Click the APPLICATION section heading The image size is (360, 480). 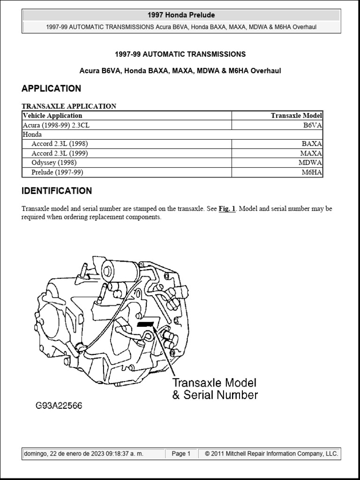[x=51, y=89]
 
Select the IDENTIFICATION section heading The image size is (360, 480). [x=57, y=191]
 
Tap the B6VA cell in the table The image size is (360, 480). [x=313, y=125]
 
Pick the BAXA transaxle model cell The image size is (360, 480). [x=311, y=144]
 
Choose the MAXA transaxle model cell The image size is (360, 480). [x=311, y=153]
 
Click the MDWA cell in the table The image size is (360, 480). [x=310, y=163]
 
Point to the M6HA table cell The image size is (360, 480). [x=312, y=172]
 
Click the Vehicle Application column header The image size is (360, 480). [x=52, y=116]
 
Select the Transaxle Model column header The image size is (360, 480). [x=296, y=116]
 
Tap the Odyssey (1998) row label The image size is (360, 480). [x=54, y=163]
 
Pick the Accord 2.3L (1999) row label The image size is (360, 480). [x=60, y=153]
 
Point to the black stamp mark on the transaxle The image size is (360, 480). [x=146, y=324]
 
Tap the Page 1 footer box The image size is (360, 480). [x=181, y=454]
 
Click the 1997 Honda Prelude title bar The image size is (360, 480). [x=181, y=15]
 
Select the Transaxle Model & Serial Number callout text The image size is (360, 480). [x=215, y=389]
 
